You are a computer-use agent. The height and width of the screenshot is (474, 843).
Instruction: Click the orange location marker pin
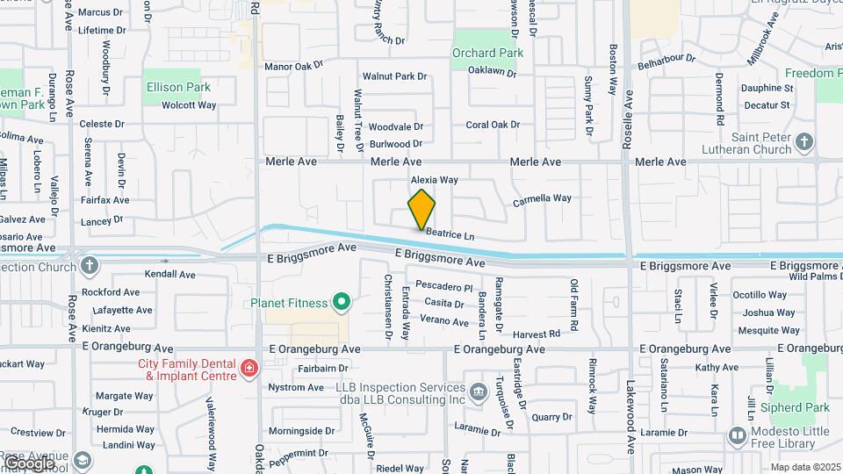(x=421, y=210)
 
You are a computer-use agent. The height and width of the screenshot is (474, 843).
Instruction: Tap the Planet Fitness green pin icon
(x=342, y=304)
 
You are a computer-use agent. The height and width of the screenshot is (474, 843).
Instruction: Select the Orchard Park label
(x=487, y=53)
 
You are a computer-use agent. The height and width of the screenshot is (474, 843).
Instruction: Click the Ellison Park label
(x=179, y=87)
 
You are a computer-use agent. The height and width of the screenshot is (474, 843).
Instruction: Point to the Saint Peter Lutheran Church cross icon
(x=804, y=141)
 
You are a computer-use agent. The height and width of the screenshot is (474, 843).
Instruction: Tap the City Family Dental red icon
(x=249, y=367)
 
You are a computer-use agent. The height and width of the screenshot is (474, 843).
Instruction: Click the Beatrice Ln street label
(x=450, y=234)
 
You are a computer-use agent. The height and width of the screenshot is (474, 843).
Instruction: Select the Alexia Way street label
(x=435, y=180)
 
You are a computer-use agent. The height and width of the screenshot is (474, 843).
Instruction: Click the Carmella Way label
(x=542, y=198)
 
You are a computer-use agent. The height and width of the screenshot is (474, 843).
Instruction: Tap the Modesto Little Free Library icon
(x=737, y=434)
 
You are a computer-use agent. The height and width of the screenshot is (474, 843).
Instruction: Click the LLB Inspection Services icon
(x=478, y=390)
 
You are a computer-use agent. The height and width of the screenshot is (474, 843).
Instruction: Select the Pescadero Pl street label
(x=443, y=287)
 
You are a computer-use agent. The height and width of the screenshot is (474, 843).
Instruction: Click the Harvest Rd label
(x=537, y=334)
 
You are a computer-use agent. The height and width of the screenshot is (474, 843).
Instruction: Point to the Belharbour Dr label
(x=666, y=60)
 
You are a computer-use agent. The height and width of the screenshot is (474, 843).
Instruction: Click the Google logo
(x=28, y=463)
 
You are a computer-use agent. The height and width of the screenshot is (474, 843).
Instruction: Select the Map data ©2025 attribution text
(x=805, y=467)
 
